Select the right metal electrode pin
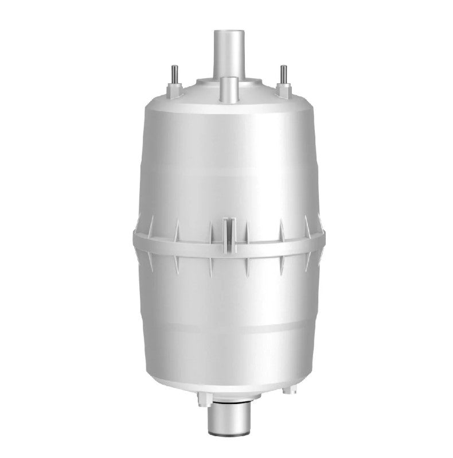coord(282,75)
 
